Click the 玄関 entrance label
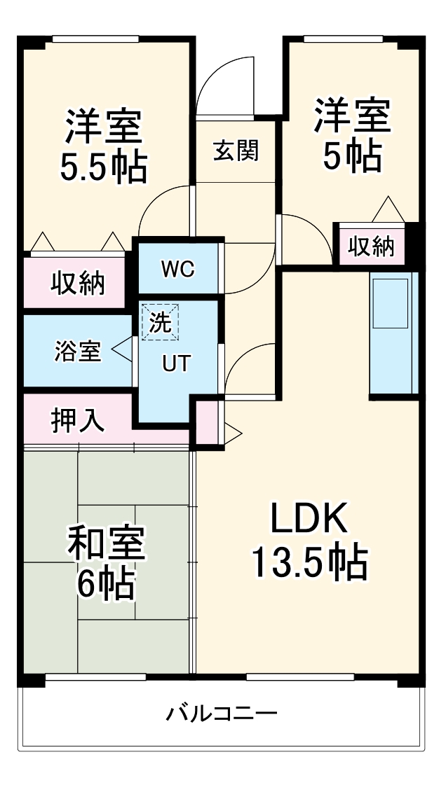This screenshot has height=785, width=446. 236,150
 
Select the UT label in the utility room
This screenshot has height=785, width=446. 176,363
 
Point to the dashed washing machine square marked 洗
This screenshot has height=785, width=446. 162,323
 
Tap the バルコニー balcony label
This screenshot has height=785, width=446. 222,714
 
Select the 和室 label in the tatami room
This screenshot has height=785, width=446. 106,544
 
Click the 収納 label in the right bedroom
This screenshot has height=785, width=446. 372,246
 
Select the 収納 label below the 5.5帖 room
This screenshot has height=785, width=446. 77,284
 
